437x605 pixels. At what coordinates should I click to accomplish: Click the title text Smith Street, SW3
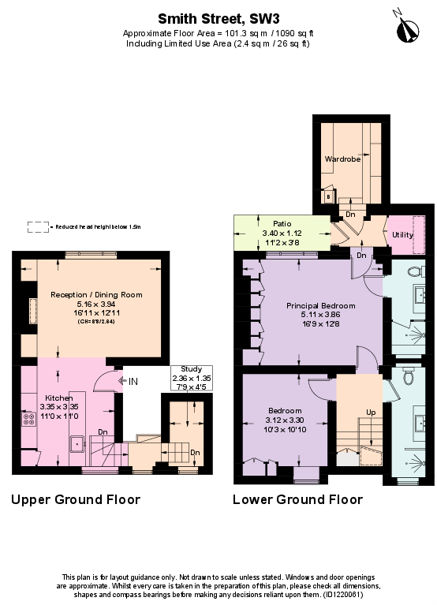point(218,17)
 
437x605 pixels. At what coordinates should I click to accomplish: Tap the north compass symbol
point(409,30)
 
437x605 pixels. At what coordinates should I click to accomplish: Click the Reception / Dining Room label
point(96,294)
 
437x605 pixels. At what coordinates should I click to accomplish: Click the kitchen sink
point(77,443)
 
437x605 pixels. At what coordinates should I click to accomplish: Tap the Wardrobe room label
point(342,159)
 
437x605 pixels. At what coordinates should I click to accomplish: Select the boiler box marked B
point(329,196)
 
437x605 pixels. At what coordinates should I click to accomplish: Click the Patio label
point(282,224)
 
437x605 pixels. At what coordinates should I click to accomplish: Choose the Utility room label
point(402,235)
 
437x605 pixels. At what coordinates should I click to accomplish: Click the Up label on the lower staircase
point(370,413)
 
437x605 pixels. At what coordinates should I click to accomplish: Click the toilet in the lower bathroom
point(408,377)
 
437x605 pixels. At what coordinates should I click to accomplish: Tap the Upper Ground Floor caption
point(76,500)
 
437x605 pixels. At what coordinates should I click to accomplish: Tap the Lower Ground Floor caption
point(297,500)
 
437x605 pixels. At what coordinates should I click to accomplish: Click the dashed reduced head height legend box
point(37,226)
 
